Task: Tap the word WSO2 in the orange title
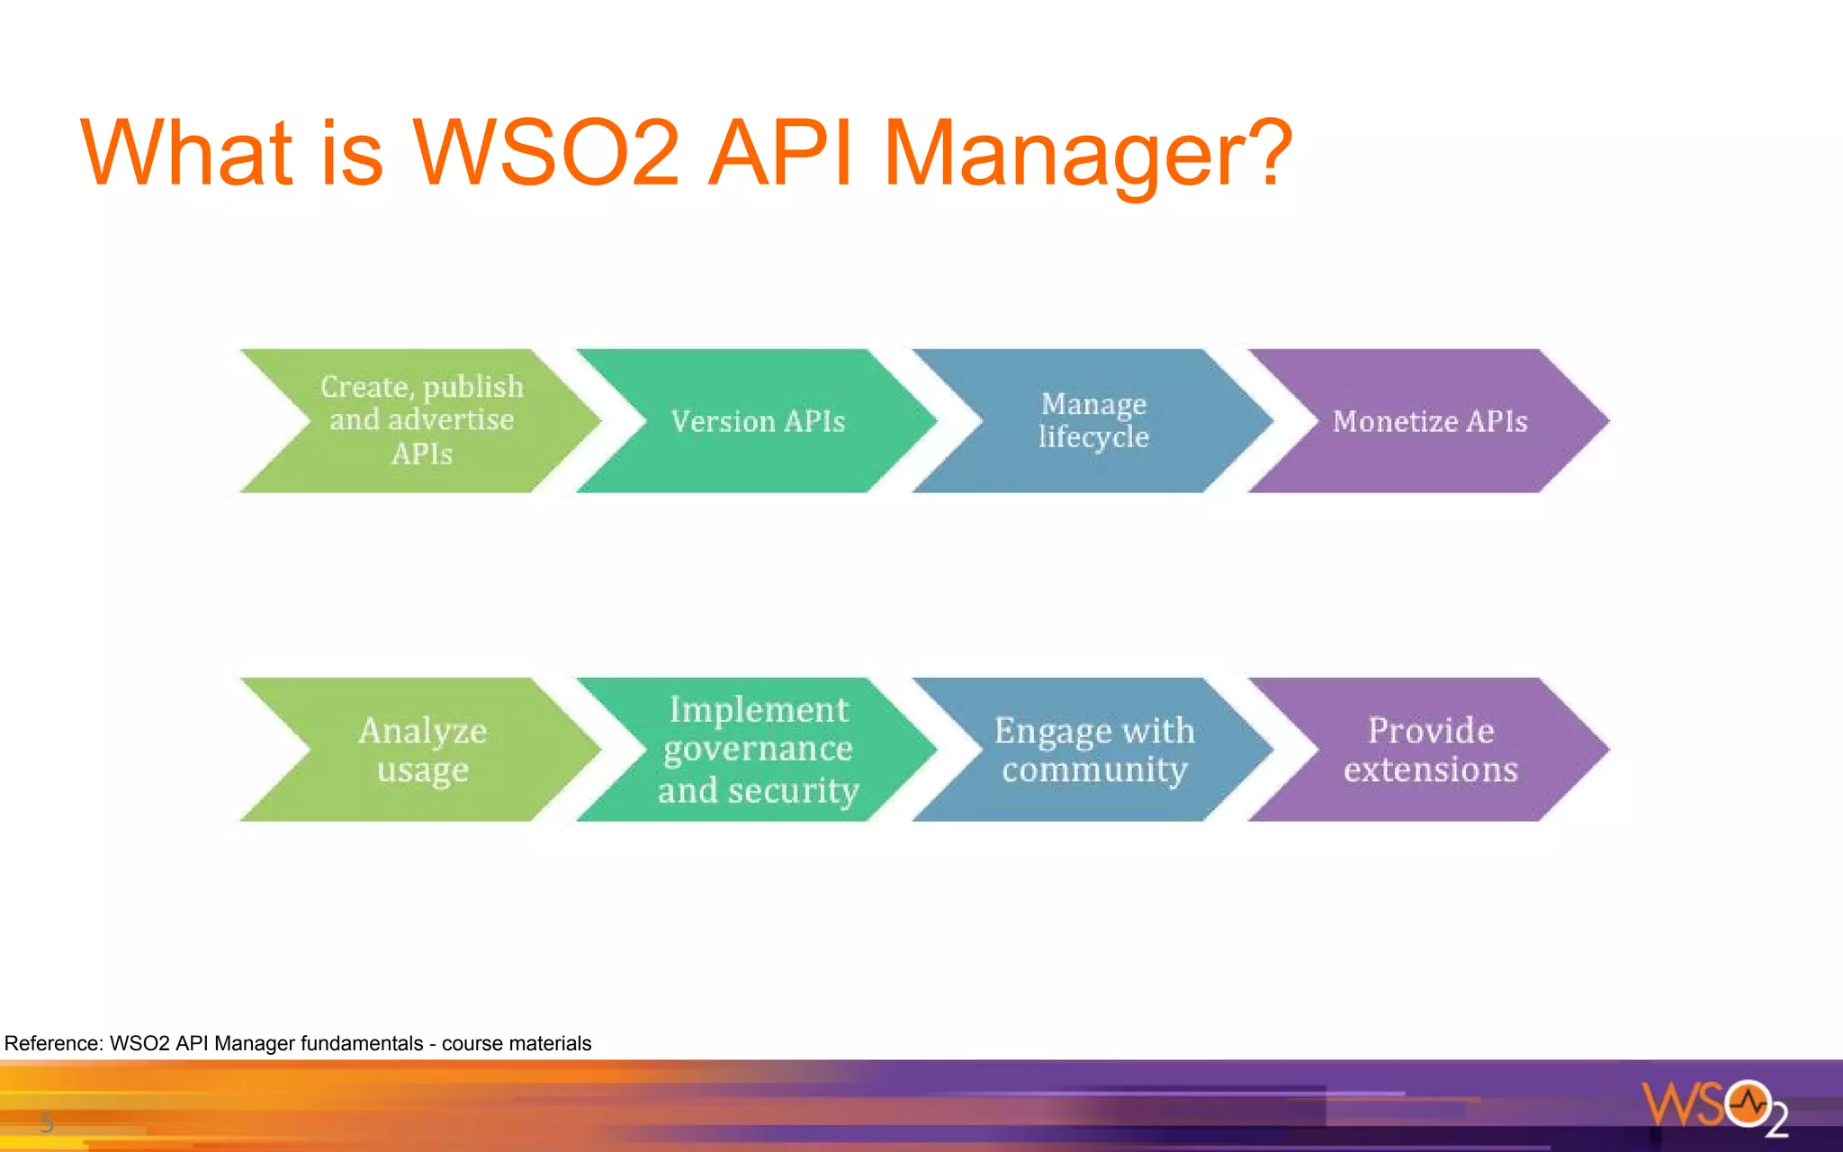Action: [545, 153]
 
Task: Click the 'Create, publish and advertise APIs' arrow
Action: [421, 420]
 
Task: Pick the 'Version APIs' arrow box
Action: [758, 421]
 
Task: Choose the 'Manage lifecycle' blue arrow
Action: [1093, 420]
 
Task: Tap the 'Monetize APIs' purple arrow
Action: [1430, 421]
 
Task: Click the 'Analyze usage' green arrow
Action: [422, 750]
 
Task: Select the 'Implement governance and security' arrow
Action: [758, 750]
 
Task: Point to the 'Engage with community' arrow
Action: [1094, 750]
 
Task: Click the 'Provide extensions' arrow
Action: [1431, 750]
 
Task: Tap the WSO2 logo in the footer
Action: [1714, 1107]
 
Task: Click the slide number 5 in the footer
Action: [47, 1122]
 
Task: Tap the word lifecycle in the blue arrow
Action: [1093, 437]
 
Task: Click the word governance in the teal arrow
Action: [758, 750]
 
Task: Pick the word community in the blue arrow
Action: [1094, 770]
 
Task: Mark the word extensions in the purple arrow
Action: [1431, 770]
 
